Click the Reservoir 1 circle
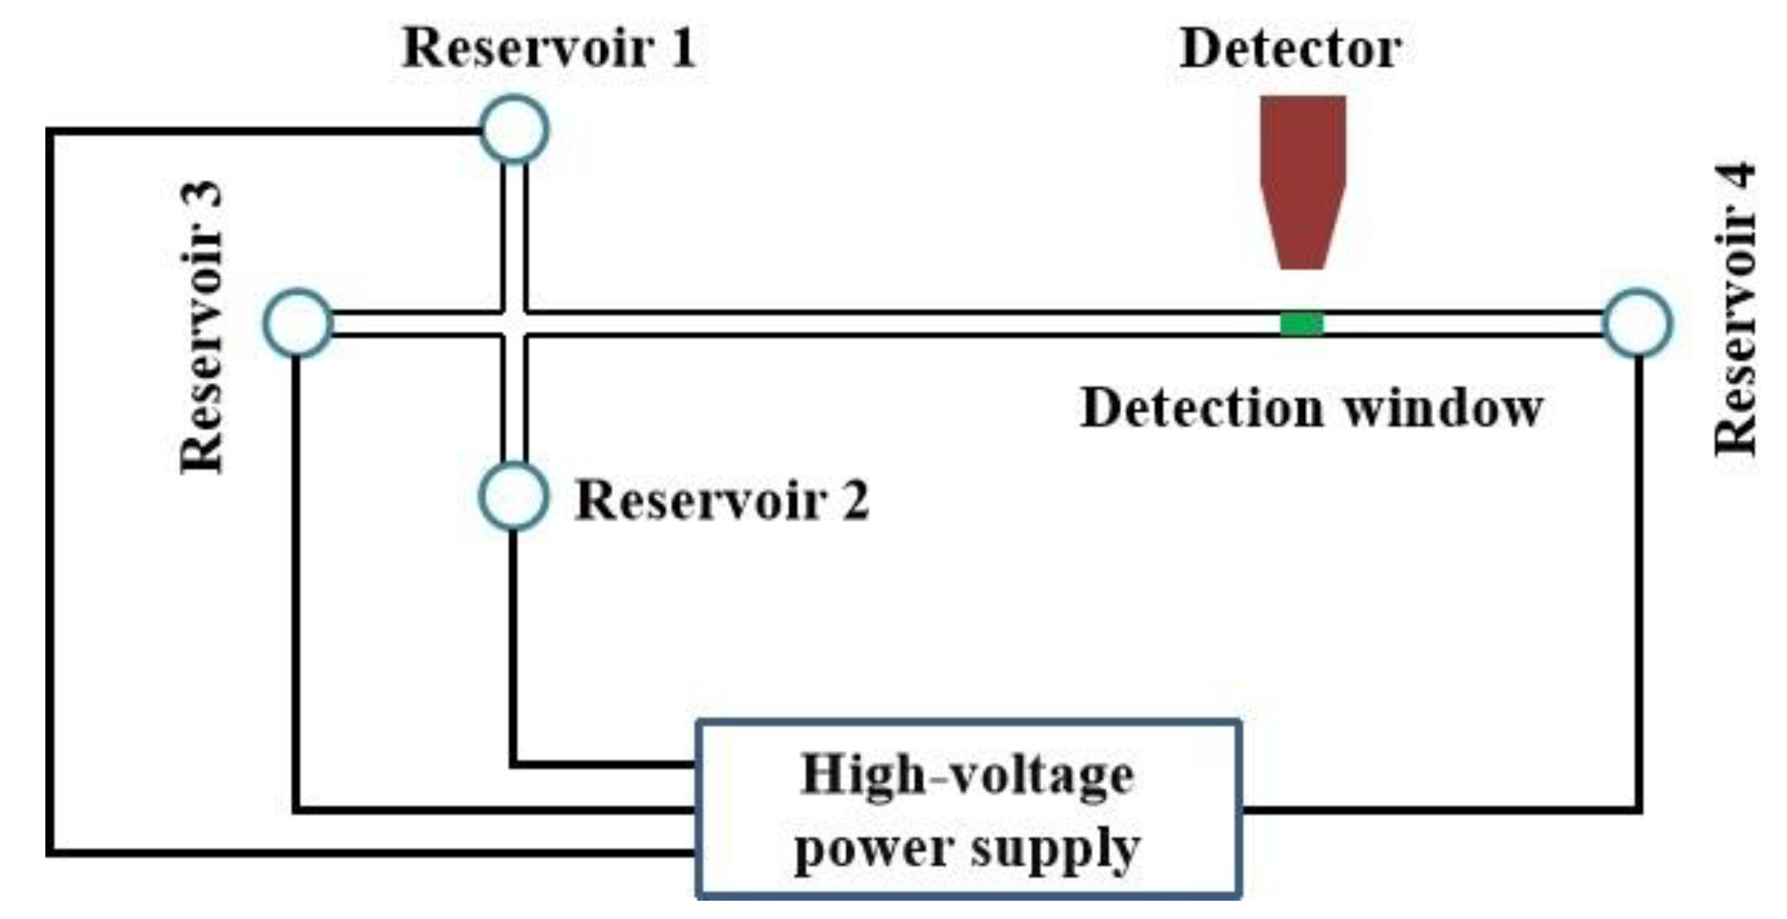pyautogui.click(x=513, y=130)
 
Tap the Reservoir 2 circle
pyautogui.click(x=513, y=496)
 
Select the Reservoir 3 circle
pyautogui.click(x=298, y=323)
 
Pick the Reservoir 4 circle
pyautogui.click(x=1637, y=323)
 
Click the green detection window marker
pyautogui.click(x=1301, y=323)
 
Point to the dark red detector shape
pyautogui.click(x=1302, y=176)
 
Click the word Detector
pyautogui.click(x=1290, y=49)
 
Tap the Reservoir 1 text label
pyautogui.click(x=549, y=48)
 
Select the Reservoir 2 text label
pyautogui.click(x=722, y=501)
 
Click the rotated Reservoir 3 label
pyautogui.click(x=202, y=327)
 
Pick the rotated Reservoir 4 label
pyautogui.click(x=1735, y=309)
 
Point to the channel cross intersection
pyautogui.click(x=514, y=323)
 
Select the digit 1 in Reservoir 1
pyautogui.click(x=683, y=48)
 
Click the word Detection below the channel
pyautogui.click(x=1202, y=408)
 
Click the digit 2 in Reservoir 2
pyautogui.click(x=855, y=501)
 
